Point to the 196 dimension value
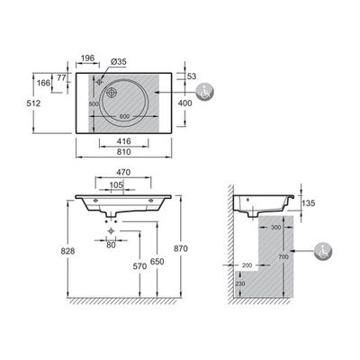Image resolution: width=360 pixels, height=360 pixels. click(x=87, y=59)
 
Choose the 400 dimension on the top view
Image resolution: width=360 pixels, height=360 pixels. click(x=184, y=103)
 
